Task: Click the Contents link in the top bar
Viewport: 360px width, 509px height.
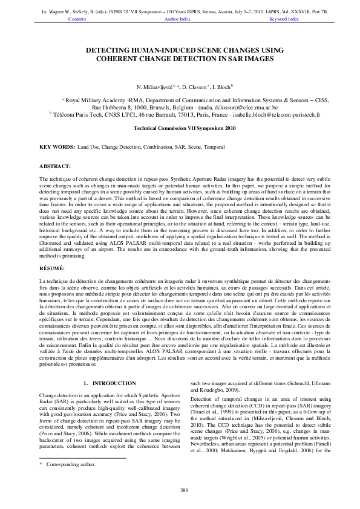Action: [77, 19]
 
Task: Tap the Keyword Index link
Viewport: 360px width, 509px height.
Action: [284, 19]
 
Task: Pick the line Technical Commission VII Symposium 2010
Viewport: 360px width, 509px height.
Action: [180, 129]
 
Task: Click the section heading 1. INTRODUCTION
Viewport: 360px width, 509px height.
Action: [109, 383]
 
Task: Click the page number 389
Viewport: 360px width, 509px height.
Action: [180, 489]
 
